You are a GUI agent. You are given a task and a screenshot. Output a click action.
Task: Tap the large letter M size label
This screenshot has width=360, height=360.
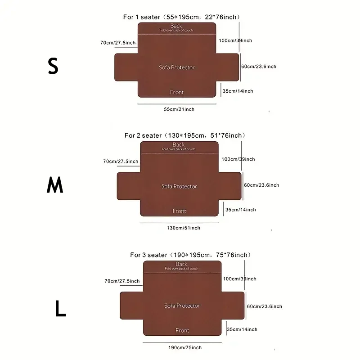coord(55,185)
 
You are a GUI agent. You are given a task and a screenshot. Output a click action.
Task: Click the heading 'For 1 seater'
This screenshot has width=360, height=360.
coord(141,18)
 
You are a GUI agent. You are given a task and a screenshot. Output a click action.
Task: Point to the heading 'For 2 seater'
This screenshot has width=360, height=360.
coord(143,135)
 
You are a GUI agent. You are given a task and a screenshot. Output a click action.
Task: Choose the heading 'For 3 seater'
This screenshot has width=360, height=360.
coord(148,255)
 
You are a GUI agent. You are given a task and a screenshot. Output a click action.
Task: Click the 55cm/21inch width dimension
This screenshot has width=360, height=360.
coord(179,109)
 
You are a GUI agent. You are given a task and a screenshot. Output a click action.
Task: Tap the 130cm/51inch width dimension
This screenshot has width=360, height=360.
coord(183,228)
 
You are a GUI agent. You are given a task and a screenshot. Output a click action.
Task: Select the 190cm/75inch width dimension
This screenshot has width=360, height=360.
coord(185,347)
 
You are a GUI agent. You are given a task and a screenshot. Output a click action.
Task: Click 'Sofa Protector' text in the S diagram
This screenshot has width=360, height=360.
coord(177,67)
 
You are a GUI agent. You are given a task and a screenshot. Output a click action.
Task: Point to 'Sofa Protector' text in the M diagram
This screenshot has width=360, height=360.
coord(179,186)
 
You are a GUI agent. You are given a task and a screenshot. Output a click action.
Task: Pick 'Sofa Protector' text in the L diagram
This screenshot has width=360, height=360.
coord(182,306)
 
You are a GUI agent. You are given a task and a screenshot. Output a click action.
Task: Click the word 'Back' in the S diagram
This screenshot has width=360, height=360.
coord(176,26)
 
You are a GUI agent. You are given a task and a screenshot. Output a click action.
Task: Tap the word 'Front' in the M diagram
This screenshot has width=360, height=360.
coord(179,211)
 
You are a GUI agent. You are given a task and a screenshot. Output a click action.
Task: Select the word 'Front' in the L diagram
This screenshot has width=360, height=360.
coord(182,331)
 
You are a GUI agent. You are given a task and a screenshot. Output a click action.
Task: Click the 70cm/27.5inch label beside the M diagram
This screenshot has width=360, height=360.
coord(121,162)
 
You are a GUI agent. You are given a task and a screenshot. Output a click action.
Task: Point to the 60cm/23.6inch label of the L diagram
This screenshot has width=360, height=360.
coord(265,306)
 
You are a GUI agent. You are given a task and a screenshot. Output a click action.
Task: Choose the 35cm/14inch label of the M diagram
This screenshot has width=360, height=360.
coord(240,210)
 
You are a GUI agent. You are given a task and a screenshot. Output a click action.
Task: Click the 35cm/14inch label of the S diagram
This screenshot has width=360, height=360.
coord(238,91)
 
